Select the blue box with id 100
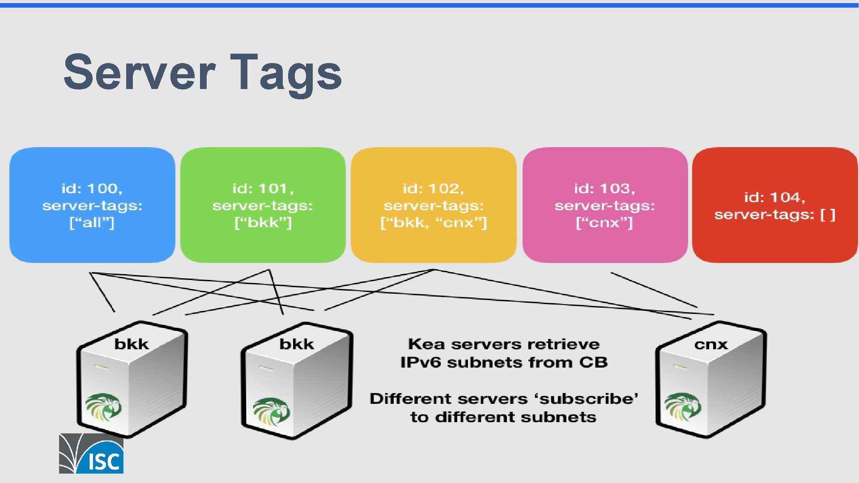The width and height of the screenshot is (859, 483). pyautogui.click(x=92, y=205)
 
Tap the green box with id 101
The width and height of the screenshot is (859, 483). pyautogui.click(x=263, y=205)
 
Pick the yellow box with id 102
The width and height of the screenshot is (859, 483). pyautogui.click(x=434, y=205)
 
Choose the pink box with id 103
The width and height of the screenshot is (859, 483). pyautogui.click(x=605, y=205)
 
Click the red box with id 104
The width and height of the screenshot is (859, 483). pyautogui.click(x=774, y=205)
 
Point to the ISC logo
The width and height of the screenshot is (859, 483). pyautogui.click(x=91, y=453)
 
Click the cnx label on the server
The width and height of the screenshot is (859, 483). pyautogui.click(x=711, y=344)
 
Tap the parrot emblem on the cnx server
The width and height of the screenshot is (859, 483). pyautogui.click(x=682, y=407)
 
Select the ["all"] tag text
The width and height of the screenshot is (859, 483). pyautogui.click(x=92, y=223)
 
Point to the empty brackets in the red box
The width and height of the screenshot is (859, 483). pyautogui.click(x=828, y=215)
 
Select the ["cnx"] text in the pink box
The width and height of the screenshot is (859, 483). pyautogui.click(x=604, y=223)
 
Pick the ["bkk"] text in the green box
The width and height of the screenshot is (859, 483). pyautogui.click(x=263, y=223)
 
